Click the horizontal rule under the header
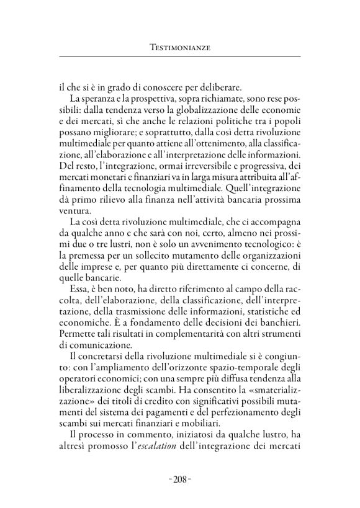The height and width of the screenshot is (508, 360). [180, 57]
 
